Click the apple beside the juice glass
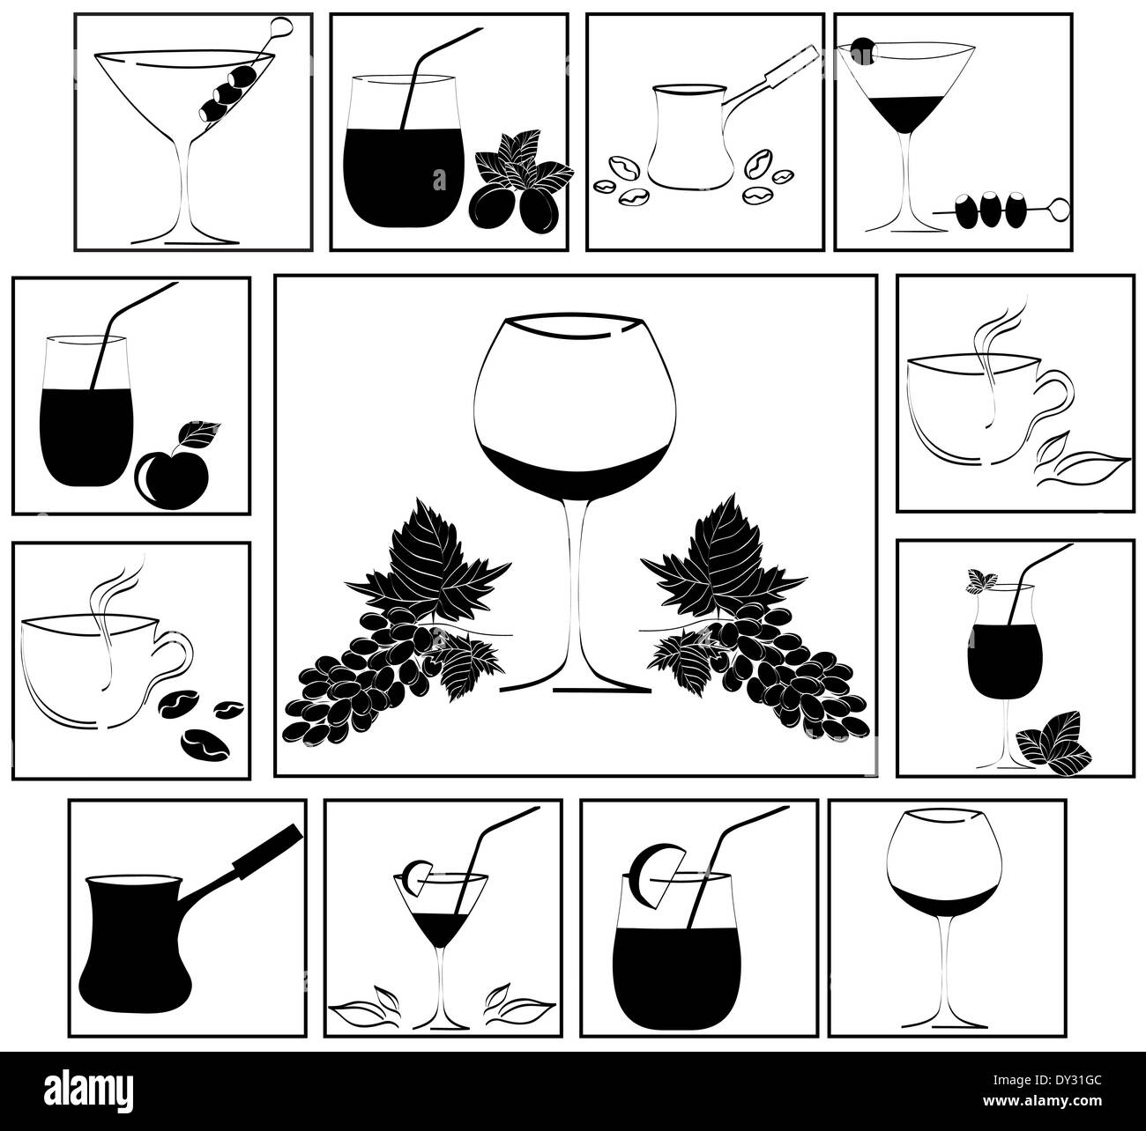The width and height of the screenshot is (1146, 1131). click(x=172, y=474)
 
